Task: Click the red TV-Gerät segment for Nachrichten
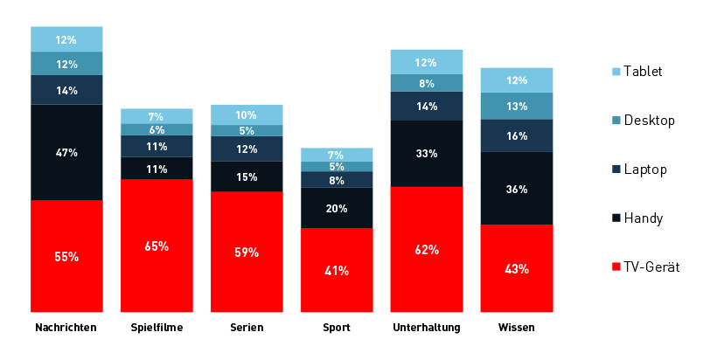click(66, 256)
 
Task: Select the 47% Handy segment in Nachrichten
click(66, 152)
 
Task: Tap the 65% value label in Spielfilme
click(157, 246)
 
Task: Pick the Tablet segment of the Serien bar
click(247, 115)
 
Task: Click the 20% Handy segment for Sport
click(337, 208)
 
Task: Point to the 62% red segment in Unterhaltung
click(427, 249)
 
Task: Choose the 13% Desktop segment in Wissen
click(517, 106)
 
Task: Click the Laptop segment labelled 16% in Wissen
click(517, 135)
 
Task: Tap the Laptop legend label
click(645, 169)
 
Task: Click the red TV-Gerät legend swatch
click(616, 267)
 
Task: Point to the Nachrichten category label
click(66, 328)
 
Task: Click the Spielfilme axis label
click(157, 328)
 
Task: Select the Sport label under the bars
click(336, 328)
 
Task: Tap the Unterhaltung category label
click(427, 328)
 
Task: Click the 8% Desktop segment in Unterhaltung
click(427, 83)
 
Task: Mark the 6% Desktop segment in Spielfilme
click(157, 129)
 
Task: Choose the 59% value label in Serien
click(247, 253)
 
